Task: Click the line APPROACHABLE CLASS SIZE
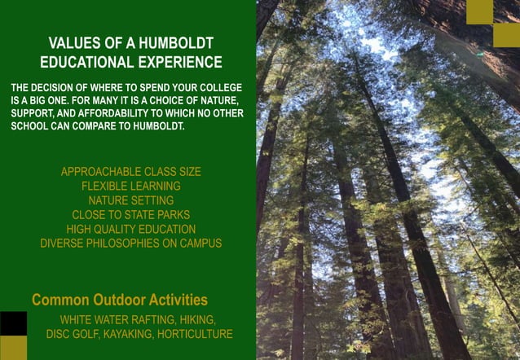pyautogui.click(x=130, y=172)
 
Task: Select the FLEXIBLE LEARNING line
pyautogui.click(x=130, y=186)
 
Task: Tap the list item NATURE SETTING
pyautogui.click(x=130, y=200)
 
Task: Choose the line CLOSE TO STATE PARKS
pyautogui.click(x=130, y=215)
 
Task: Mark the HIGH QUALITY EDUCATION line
pyautogui.click(x=130, y=229)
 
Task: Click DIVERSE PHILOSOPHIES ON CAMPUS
pyautogui.click(x=130, y=243)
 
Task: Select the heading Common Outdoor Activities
pyautogui.click(x=120, y=300)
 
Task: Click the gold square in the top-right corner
pyautogui.click(x=479, y=11)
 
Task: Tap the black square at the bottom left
pyautogui.click(x=13, y=323)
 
